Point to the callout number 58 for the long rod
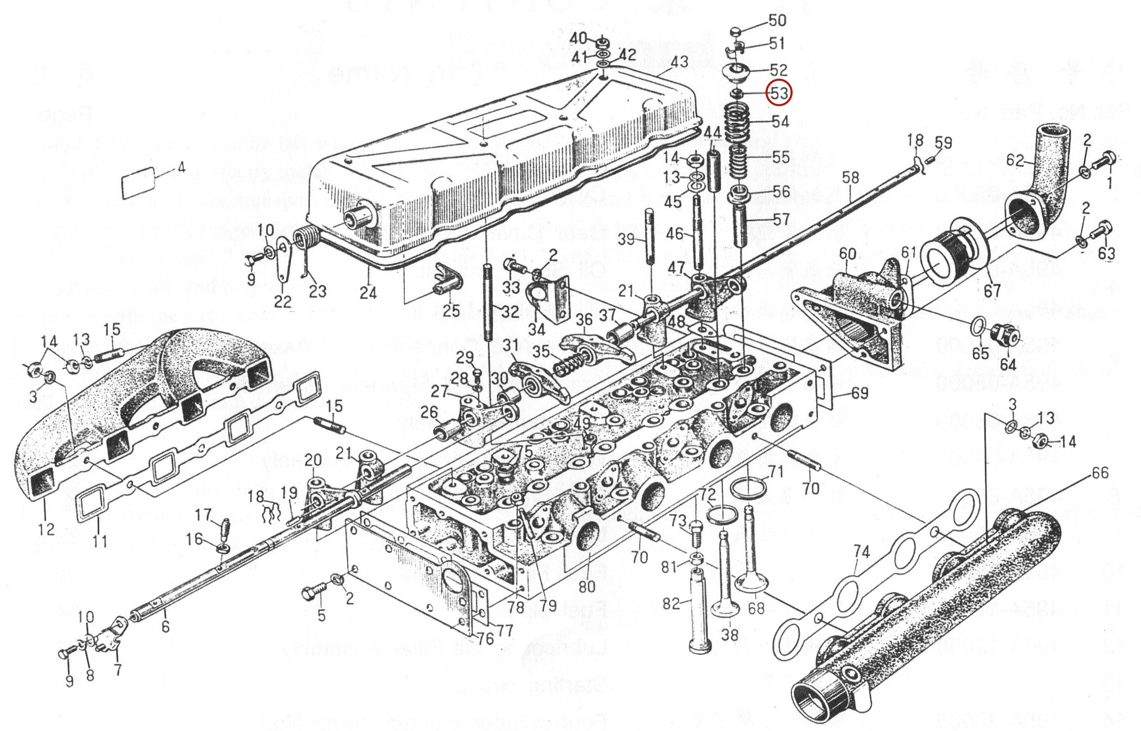[850, 178]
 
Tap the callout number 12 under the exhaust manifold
[46, 529]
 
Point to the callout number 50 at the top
[778, 20]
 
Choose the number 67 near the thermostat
[992, 290]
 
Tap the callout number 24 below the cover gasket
[368, 292]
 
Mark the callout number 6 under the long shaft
[165, 626]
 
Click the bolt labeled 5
[314, 593]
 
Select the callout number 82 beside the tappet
[672, 603]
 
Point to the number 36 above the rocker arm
[584, 321]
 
